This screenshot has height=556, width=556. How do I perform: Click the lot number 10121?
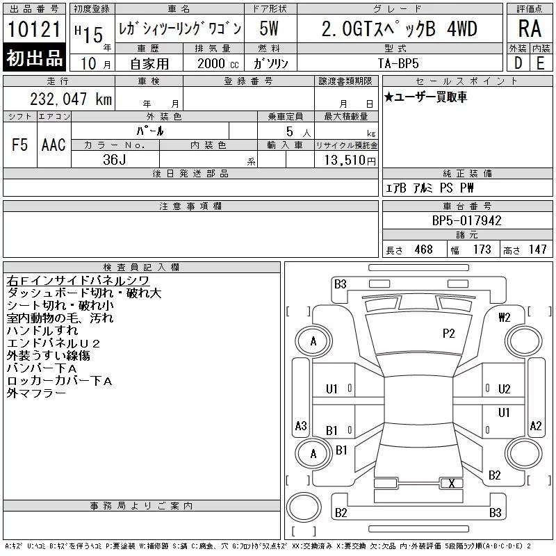[x=34, y=29]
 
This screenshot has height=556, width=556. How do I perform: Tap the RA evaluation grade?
[x=530, y=28]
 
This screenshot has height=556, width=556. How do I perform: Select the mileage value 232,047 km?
[x=71, y=99]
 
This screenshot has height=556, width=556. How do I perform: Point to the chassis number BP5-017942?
[x=466, y=220]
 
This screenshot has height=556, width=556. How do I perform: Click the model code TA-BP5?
[x=398, y=63]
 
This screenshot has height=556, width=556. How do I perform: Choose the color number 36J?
[x=115, y=160]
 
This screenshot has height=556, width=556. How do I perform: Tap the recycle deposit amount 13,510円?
[x=350, y=161]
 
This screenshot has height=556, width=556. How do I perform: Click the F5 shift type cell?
[x=20, y=145]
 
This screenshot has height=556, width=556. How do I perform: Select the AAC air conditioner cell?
[x=54, y=145]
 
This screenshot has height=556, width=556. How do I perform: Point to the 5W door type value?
[x=269, y=28]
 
